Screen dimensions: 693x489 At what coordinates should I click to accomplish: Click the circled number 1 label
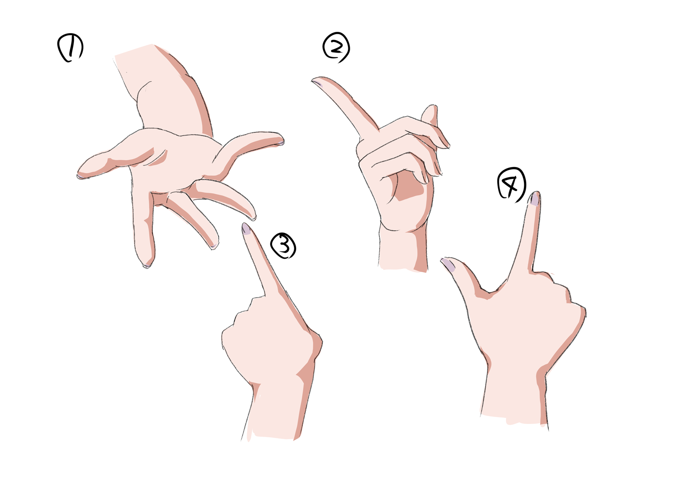(x=71, y=48)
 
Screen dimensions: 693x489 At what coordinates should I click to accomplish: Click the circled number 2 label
(x=336, y=48)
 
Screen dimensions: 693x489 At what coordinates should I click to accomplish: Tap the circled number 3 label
(x=283, y=245)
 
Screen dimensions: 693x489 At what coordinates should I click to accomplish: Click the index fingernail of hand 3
(x=246, y=229)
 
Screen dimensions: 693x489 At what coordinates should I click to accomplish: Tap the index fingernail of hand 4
(x=535, y=198)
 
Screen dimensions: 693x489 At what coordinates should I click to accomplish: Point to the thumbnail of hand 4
(x=448, y=264)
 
